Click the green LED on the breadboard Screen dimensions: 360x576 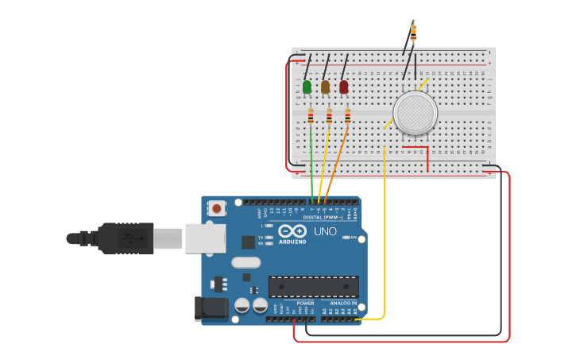[307, 87]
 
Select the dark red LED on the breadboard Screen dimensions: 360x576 [344, 87]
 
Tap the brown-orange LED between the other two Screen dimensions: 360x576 [325, 87]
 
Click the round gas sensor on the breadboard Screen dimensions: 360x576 [415, 113]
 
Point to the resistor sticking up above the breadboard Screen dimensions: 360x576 [413, 33]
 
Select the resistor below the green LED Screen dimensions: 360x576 [311, 116]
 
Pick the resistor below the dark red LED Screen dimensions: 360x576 [347, 116]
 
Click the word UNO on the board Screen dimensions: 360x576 [325, 231]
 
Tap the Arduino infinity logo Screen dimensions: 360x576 [292, 231]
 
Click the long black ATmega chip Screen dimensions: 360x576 [313, 287]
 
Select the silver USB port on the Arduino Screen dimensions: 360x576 [205, 238]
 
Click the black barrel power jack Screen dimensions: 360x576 [210, 308]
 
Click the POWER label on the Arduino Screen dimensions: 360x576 [305, 303]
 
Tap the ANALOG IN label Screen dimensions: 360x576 [343, 303]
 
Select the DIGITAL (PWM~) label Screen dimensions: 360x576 [323, 217]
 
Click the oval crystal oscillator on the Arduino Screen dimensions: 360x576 [245, 262]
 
